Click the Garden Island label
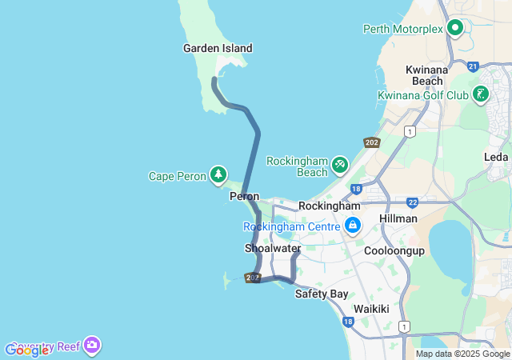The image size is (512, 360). [x=218, y=48]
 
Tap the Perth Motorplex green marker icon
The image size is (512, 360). [x=455, y=29]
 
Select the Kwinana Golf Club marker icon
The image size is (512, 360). [x=480, y=94]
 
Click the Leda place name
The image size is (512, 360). [x=496, y=157]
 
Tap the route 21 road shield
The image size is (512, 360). [x=473, y=66]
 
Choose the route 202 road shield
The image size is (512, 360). [x=371, y=142]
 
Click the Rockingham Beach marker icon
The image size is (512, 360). [x=340, y=163]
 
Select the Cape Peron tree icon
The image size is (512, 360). [x=218, y=174]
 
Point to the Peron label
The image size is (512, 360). [x=244, y=196]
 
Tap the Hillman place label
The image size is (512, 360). [x=398, y=218]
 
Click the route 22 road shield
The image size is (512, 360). [x=413, y=203]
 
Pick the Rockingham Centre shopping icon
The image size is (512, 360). [x=352, y=226]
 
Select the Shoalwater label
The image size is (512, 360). [x=272, y=248]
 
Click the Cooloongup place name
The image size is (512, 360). [x=394, y=250]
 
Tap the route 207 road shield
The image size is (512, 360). [x=253, y=278]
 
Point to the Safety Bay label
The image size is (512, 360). [x=322, y=294]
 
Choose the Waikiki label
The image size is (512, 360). [x=371, y=309]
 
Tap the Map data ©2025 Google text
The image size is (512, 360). [x=463, y=354]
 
